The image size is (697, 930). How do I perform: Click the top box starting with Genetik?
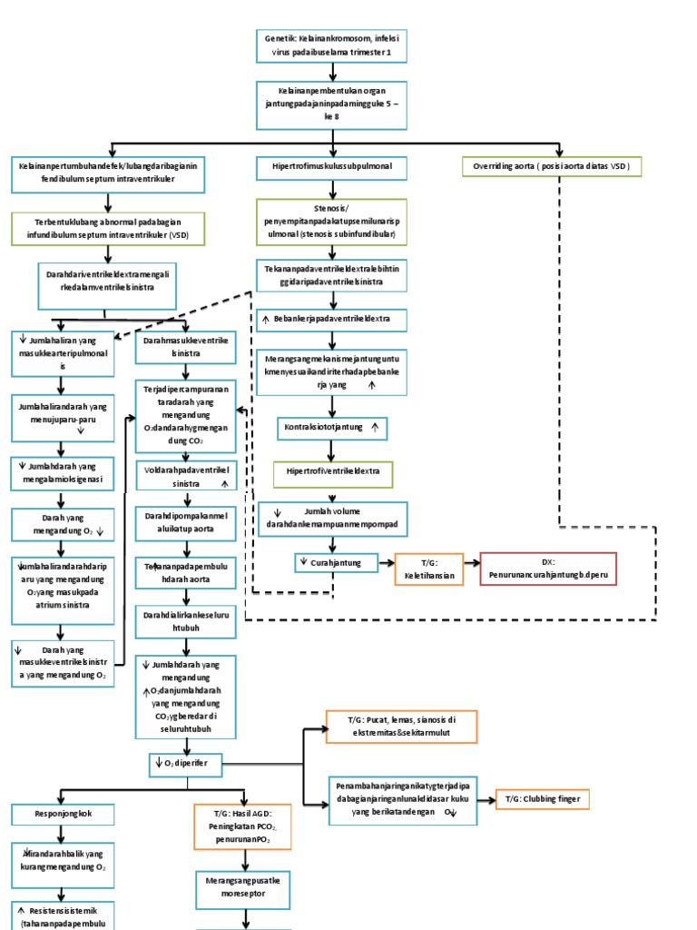click(x=332, y=46)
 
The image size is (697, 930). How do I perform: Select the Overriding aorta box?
click(x=553, y=167)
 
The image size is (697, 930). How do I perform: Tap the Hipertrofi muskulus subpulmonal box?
click(x=332, y=167)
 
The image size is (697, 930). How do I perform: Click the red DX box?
click(x=547, y=569)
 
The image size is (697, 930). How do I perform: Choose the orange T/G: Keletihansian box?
click(x=428, y=569)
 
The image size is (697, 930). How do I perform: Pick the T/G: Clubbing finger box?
click(x=543, y=799)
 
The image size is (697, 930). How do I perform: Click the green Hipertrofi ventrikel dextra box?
click(x=333, y=473)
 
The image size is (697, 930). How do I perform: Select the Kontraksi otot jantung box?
click(x=333, y=426)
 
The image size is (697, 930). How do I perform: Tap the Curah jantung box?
click(x=333, y=563)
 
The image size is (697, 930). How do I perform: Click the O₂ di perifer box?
click(x=187, y=764)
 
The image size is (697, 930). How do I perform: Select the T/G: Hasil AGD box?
click(x=242, y=826)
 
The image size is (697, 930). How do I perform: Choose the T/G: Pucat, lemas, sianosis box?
click(x=401, y=727)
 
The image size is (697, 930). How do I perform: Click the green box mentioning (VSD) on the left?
click(x=108, y=232)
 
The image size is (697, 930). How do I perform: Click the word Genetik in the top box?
click(x=279, y=39)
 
